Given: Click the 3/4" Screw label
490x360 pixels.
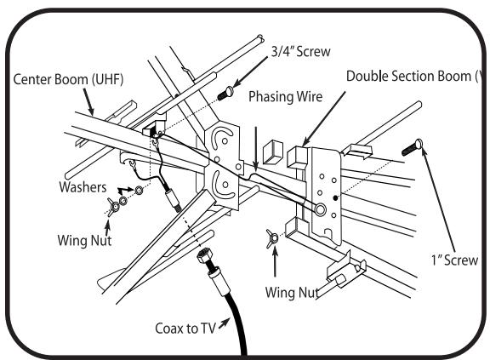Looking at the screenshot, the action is click(x=300, y=52).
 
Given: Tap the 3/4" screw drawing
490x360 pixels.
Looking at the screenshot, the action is click(x=225, y=93).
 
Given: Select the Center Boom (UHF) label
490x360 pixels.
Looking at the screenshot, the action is click(x=68, y=79).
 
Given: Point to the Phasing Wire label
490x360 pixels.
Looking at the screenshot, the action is click(x=285, y=96).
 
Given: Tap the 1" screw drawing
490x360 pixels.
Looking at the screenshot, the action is click(x=413, y=147).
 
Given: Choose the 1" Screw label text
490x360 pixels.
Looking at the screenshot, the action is click(x=454, y=260).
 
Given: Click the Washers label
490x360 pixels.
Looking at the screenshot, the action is click(x=83, y=187).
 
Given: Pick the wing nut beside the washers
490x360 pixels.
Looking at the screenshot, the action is click(x=113, y=207).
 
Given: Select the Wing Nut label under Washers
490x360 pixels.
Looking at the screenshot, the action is click(x=84, y=241).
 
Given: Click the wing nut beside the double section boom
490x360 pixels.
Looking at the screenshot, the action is click(x=272, y=239).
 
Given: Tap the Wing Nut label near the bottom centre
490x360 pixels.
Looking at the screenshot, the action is click(x=292, y=293).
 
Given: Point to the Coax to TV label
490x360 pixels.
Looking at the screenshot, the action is click(x=185, y=329).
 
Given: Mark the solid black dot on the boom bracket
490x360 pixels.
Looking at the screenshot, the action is click(x=336, y=197).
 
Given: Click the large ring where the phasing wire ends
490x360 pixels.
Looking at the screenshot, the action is click(x=321, y=209).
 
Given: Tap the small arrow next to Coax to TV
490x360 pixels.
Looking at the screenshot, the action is click(x=224, y=323).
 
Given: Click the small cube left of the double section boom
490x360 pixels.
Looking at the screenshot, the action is click(x=273, y=151).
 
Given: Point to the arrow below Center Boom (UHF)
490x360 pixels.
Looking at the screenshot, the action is click(x=88, y=102).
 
